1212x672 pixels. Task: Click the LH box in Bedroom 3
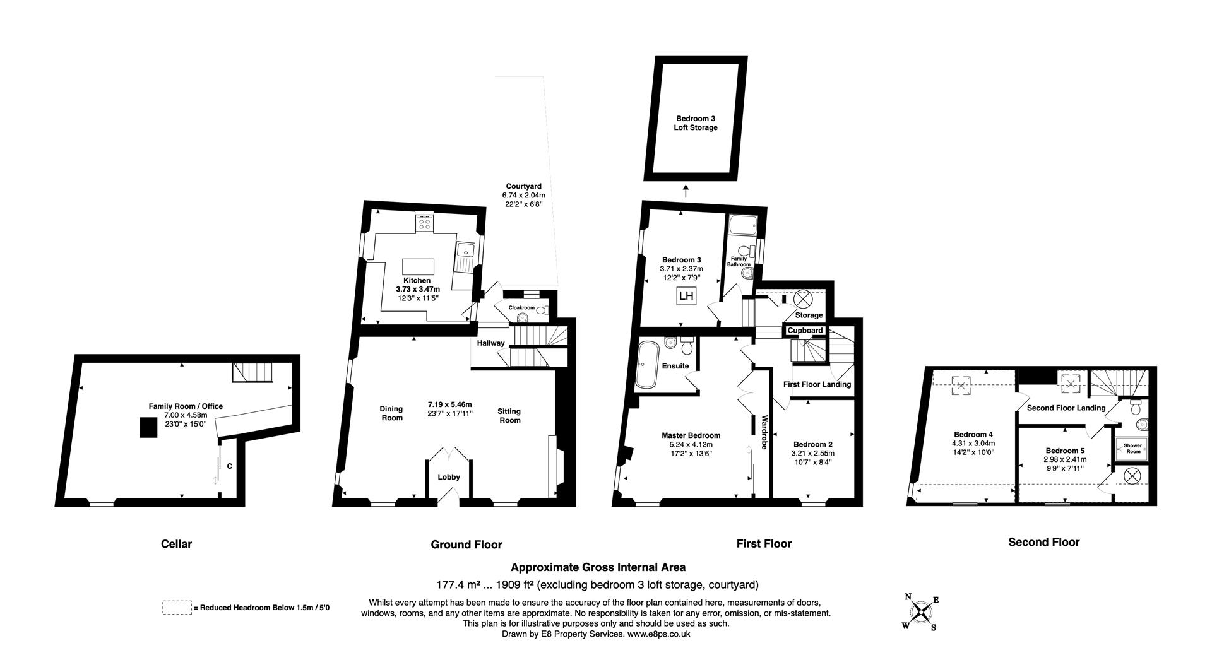686,295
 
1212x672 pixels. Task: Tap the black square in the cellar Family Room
149,427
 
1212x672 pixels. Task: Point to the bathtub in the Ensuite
647,364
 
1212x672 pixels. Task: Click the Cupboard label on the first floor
805,331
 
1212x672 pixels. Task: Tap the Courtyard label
523,186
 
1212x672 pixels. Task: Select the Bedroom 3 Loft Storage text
696,123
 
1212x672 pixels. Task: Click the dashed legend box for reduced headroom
177,608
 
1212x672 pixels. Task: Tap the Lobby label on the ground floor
449,477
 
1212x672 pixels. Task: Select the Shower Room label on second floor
1132,448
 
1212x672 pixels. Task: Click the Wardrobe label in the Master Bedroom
764,432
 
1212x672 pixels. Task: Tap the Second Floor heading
1043,542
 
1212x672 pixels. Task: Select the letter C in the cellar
230,466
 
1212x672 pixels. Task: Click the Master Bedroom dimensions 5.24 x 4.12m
691,444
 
